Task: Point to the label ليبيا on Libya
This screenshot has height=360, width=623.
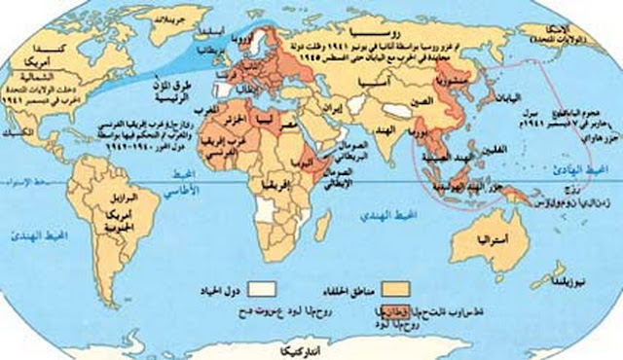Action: [264, 118]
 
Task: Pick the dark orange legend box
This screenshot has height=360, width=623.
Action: [372, 313]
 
